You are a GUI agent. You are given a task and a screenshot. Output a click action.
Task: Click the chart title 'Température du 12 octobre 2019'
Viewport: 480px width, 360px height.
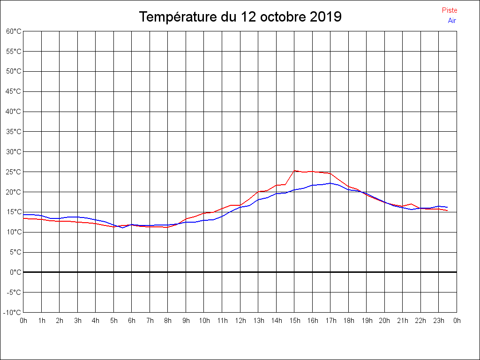(240, 17)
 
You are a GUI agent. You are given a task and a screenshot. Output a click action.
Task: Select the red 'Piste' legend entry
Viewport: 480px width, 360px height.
(449, 10)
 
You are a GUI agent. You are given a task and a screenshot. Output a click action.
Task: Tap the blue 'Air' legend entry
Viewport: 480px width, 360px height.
(451, 20)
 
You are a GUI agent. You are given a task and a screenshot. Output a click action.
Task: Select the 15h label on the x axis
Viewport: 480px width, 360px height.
(294, 321)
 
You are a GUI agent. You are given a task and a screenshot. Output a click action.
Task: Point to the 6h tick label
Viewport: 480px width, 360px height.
(132, 321)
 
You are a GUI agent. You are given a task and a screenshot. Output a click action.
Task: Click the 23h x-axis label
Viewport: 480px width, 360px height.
(439, 321)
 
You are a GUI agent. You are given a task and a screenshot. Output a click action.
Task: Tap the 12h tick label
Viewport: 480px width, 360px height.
(240, 321)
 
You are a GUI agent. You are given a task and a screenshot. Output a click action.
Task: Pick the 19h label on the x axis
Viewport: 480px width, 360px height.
(367, 321)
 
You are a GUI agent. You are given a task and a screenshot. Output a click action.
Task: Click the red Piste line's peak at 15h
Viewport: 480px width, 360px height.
(294, 171)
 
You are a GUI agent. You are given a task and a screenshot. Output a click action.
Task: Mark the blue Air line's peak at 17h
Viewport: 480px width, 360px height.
(330, 183)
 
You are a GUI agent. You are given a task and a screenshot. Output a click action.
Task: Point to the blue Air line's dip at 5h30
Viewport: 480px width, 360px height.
(123, 228)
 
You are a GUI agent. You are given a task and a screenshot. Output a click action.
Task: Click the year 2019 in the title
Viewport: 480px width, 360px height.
(326, 17)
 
